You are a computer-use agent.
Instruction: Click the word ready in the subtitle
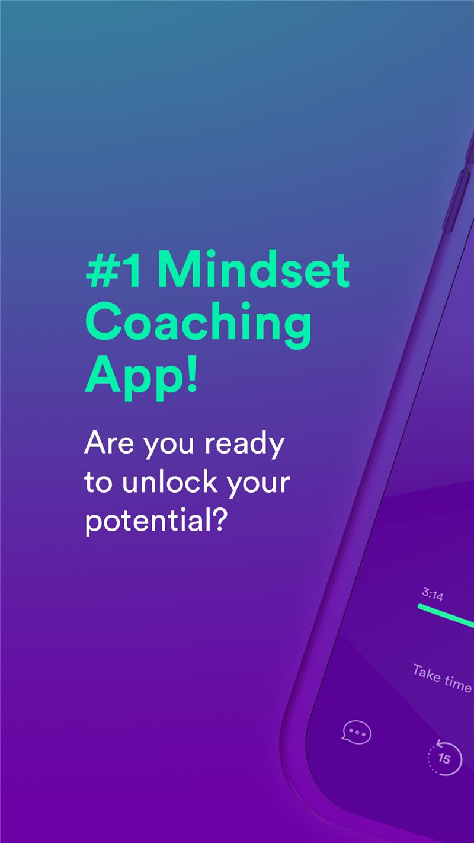245,445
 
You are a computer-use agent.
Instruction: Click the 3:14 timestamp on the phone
433,595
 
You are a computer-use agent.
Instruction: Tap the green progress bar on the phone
446,616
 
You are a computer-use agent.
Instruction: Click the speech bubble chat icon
356,732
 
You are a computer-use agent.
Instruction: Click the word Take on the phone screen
427,673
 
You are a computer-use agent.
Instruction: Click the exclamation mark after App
192,375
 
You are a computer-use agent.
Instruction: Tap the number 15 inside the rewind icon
444,759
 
